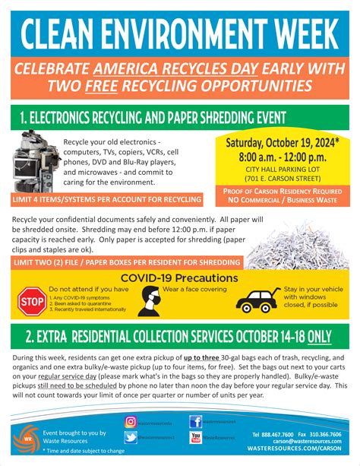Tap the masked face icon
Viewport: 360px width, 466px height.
tap(150, 301)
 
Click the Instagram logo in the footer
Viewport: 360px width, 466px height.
tap(130, 422)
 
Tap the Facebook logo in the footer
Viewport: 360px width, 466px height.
tap(195, 422)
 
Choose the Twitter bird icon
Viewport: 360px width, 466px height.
tap(130, 437)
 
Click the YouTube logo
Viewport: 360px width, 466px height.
tap(195, 437)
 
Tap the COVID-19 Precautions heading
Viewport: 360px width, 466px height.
tap(180, 278)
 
